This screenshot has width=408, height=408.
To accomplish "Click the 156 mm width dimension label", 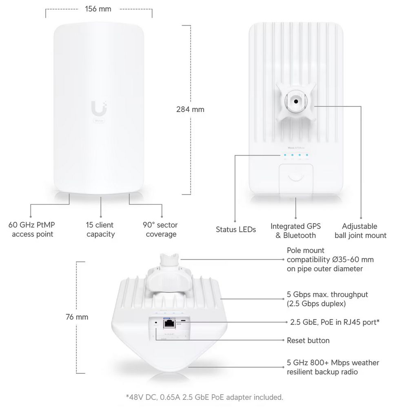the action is point(98,9).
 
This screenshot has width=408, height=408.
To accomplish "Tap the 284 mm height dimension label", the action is point(190,109).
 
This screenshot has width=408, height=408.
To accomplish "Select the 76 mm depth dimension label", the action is point(77,317).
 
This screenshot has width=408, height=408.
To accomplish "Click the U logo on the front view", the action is point(99,109).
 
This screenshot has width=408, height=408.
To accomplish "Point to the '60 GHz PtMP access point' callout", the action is point(32,229).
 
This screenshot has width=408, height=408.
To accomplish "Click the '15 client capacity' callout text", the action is point(100,229).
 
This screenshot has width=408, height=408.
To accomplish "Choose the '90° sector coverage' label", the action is point(160,229).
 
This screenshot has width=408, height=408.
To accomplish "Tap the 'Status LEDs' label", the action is point(236,229).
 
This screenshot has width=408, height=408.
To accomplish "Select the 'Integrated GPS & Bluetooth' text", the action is point(295,231).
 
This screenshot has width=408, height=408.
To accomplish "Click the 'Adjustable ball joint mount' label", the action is point(360,231).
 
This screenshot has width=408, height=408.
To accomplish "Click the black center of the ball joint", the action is point(296,102).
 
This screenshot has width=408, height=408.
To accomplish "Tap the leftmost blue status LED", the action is point(285,155).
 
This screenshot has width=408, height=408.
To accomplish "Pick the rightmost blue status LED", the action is point(307,155).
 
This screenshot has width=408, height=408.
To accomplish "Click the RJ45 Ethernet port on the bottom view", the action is point(169,324).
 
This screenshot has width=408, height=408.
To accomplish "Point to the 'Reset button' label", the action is point(308,340).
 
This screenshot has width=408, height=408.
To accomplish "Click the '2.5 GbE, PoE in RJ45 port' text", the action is point(335,322).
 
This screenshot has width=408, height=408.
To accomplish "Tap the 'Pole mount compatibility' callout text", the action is point(330,259).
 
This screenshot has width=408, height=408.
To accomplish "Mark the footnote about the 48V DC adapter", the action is point(204,397).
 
